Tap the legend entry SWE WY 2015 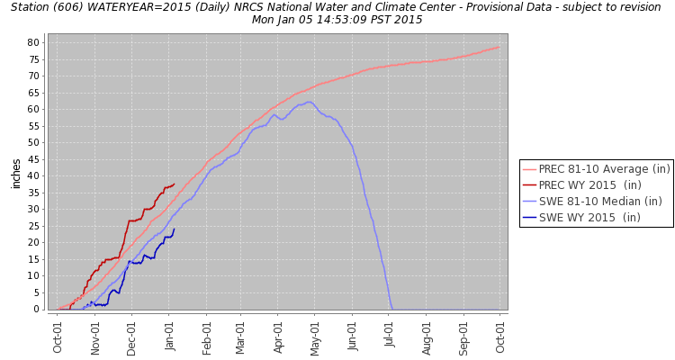[x=595, y=218]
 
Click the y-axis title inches [x=16, y=173]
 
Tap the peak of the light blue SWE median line [x=310, y=102]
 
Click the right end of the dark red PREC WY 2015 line [x=174, y=184]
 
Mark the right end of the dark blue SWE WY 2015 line [x=174, y=229]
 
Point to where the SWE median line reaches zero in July [x=392, y=309]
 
